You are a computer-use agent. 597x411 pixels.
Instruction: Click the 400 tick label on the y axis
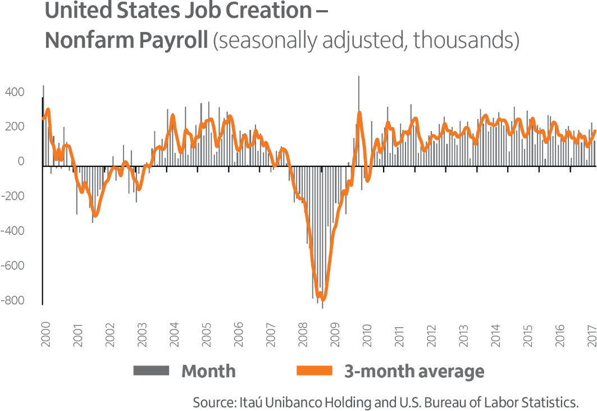pos(15,92)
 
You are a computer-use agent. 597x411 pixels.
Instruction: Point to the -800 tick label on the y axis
pos(13,300)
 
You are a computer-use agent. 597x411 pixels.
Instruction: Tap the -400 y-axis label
pos(13,231)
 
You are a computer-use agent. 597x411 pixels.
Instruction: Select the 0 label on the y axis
pos(21,161)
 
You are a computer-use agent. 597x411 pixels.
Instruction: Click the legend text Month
pos(208,371)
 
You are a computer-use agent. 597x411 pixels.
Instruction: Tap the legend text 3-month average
pos(414,371)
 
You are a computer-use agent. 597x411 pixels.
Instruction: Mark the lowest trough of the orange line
pos(322,299)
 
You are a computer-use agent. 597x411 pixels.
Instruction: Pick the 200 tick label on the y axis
pos(15,127)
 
